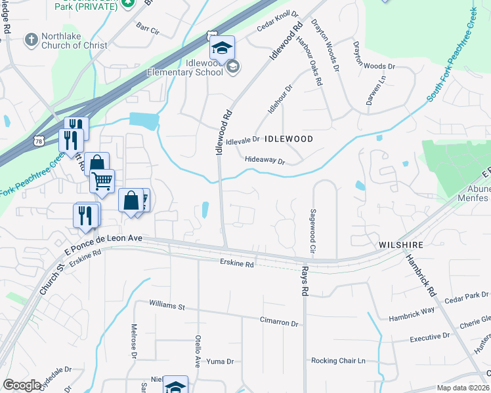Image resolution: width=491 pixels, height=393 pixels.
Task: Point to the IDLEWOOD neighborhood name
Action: tap(288, 140)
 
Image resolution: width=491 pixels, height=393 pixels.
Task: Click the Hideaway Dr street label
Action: tap(265, 160)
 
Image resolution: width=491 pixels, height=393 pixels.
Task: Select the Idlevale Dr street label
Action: tap(243, 140)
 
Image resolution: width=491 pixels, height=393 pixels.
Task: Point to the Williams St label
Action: tap(167, 305)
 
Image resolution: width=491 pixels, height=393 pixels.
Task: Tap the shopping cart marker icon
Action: tap(102, 180)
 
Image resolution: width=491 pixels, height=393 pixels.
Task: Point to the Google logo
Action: tap(22, 385)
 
